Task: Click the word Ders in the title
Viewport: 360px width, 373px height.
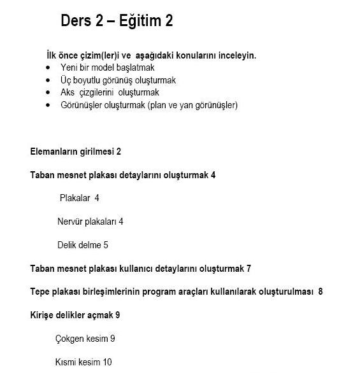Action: click(x=77, y=21)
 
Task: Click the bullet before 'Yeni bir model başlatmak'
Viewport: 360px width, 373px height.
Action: click(x=48, y=67)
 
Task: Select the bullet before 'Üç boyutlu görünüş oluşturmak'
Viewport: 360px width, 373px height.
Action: click(x=48, y=80)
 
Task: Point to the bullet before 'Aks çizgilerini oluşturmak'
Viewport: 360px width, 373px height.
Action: click(x=48, y=92)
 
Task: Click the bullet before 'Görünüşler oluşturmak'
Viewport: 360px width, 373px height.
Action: click(x=48, y=105)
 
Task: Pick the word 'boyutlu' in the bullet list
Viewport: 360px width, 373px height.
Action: click(x=90, y=80)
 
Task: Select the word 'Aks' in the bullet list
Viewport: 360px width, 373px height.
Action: click(x=68, y=92)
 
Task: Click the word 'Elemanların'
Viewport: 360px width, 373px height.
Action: click(x=55, y=151)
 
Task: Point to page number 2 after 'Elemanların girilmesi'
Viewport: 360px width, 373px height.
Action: click(x=119, y=151)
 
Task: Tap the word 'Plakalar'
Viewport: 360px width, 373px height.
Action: click(x=75, y=198)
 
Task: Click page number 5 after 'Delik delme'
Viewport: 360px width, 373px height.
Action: click(x=106, y=245)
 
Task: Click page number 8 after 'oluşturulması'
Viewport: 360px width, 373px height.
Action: click(x=320, y=292)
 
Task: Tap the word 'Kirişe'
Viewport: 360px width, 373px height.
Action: click(x=43, y=315)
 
